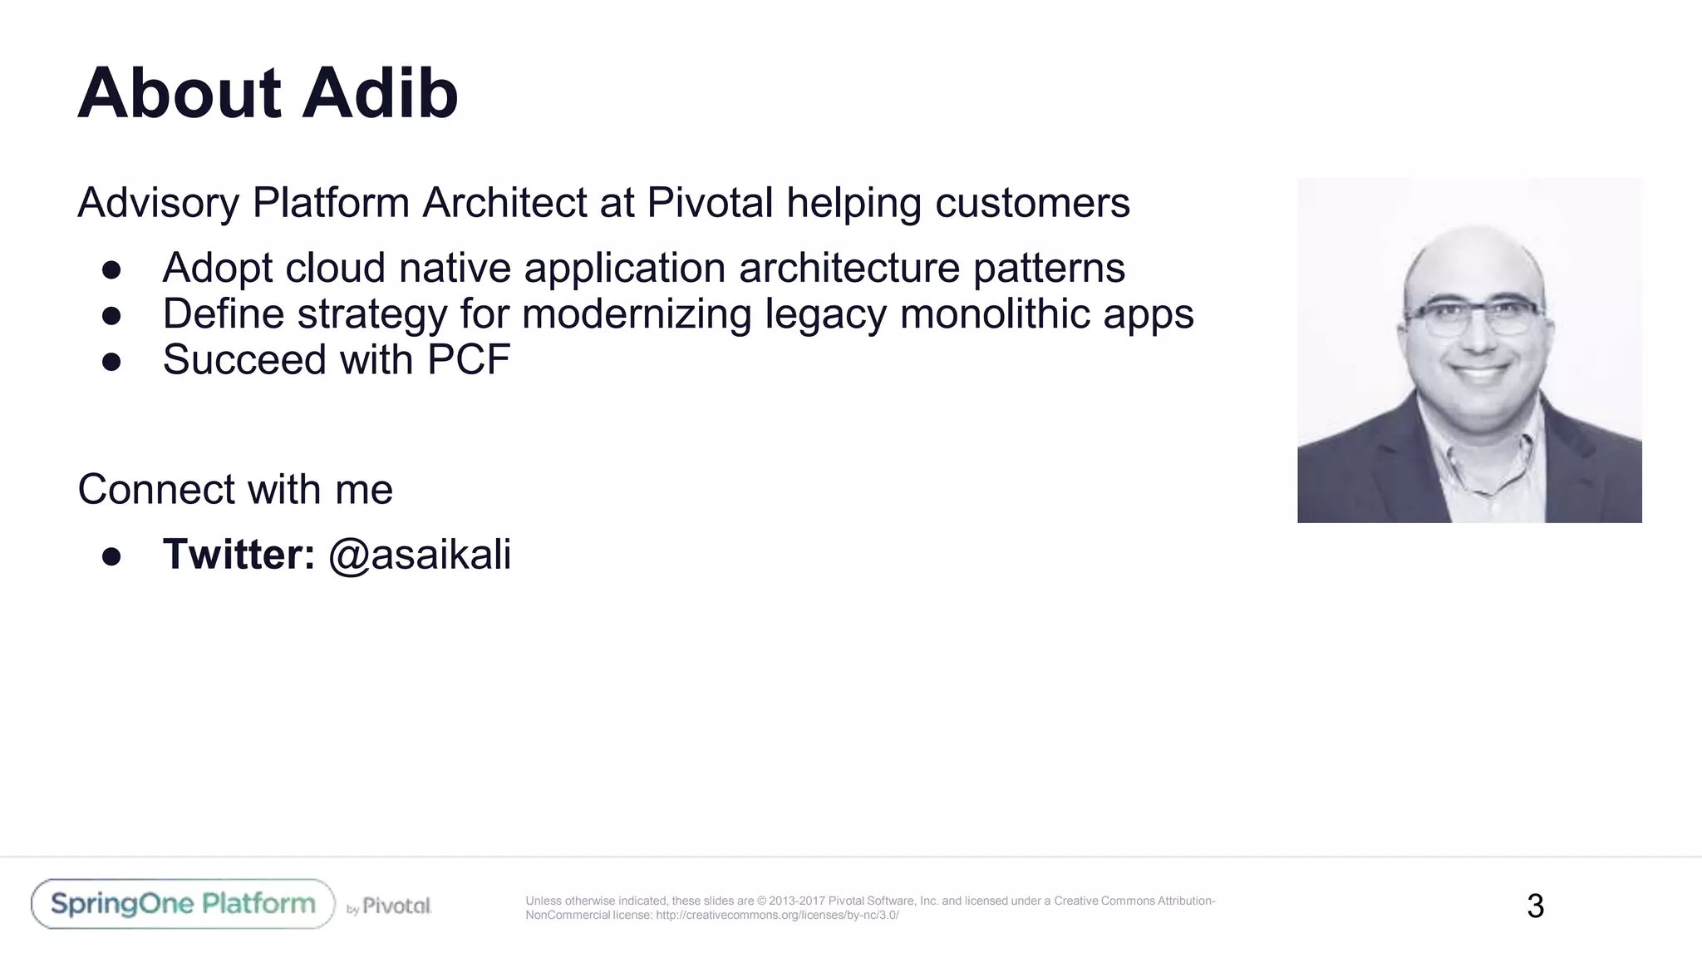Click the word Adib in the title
(x=380, y=93)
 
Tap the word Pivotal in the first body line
(x=710, y=203)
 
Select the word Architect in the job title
(x=504, y=203)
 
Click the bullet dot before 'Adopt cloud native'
(x=112, y=269)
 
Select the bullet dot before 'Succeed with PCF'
(x=112, y=361)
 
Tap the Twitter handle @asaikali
(x=420, y=555)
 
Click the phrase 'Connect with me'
(x=235, y=490)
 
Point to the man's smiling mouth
(x=1480, y=372)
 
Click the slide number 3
(x=1535, y=906)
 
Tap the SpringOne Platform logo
(x=183, y=904)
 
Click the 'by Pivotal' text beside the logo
(x=389, y=906)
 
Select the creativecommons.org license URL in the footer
(x=776, y=916)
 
